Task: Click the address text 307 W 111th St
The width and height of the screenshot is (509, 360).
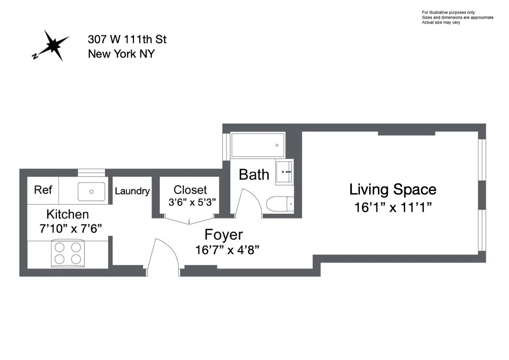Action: (127, 39)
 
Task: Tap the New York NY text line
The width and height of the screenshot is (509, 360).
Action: (121, 54)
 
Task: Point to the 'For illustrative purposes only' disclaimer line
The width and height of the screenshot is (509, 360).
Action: (448, 12)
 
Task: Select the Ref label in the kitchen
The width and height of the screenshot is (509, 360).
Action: (43, 190)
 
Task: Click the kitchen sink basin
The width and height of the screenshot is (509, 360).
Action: (91, 191)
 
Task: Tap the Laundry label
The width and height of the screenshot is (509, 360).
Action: (132, 191)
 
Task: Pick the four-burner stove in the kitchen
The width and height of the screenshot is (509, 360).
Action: (68, 253)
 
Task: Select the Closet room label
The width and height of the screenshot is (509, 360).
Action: (190, 190)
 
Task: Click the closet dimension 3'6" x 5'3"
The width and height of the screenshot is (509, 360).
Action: (192, 202)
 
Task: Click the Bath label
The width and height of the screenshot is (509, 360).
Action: (254, 175)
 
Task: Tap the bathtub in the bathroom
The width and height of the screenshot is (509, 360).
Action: (258, 145)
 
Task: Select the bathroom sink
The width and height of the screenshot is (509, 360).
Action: (284, 172)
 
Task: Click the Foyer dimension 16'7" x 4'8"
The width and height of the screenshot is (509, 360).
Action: (227, 250)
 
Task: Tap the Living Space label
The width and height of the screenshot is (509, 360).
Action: (392, 189)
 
